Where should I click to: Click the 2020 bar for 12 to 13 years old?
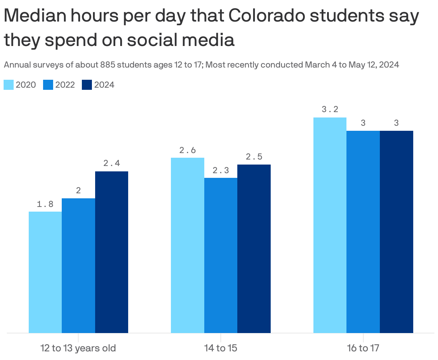(x=45, y=272)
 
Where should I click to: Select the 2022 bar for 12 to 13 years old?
(x=78, y=266)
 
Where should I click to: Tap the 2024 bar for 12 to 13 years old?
(x=112, y=252)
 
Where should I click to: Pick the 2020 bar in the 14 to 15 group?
(x=187, y=245)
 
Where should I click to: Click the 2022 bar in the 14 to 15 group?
(x=221, y=255)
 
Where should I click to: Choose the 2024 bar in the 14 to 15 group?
(x=254, y=249)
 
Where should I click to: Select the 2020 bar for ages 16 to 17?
(x=330, y=225)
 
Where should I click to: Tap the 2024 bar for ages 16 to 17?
(x=396, y=232)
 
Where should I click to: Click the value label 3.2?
(x=330, y=110)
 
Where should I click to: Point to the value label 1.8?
(x=45, y=204)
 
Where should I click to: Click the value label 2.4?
(x=112, y=163)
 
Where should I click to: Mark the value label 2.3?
(x=221, y=171)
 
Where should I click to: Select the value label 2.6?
(x=187, y=150)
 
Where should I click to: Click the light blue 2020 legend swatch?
(x=9, y=85)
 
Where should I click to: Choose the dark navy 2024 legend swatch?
(x=87, y=85)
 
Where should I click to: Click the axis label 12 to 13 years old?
(x=78, y=348)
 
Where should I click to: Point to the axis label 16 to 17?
(x=363, y=348)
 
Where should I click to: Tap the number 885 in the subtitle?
(x=108, y=65)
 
